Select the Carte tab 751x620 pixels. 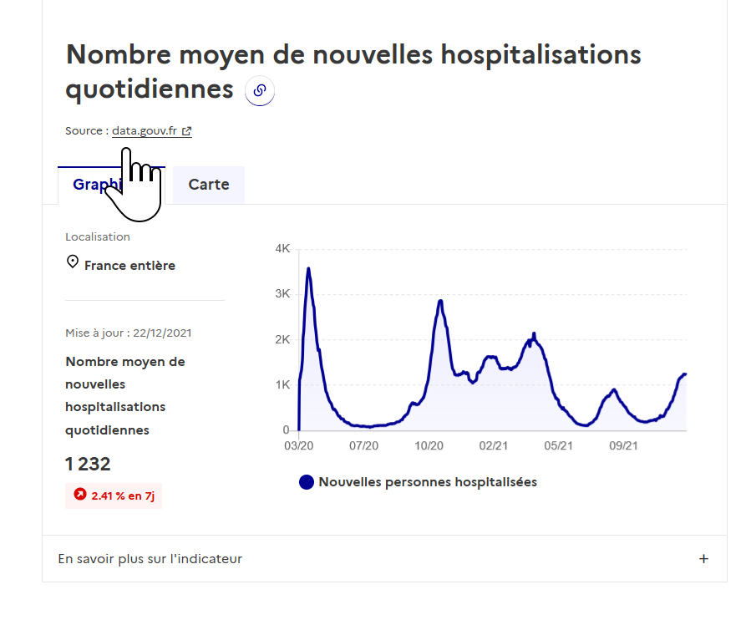pyautogui.click(x=209, y=185)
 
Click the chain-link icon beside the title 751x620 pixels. pyautogui.click(x=260, y=91)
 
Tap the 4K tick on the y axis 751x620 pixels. pyautogui.click(x=282, y=249)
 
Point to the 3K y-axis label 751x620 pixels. pyautogui.click(x=282, y=294)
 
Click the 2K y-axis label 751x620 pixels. pyautogui.click(x=282, y=340)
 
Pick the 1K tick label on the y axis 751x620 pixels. pyautogui.click(x=282, y=385)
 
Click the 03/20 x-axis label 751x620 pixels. pyautogui.click(x=298, y=446)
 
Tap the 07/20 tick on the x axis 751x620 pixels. pyautogui.click(x=363, y=446)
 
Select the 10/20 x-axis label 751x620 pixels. pyautogui.click(x=429, y=446)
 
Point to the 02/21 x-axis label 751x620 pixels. pyautogui.click(x=494, y=446)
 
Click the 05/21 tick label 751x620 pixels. pyautogui.click(x=559, y=446)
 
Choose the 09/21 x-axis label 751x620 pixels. pyautogui.click(x=624, y=446)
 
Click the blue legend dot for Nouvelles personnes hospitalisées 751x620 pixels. pyautogui.click(x=307, y=482)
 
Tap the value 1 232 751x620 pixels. pyautogui.click(x=88, y=465)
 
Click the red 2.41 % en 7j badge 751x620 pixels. pyautogui.click(x=114, y=495)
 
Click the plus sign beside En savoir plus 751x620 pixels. pyautogui.click(x=703, y=559)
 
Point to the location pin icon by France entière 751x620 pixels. pyautogui.click(x=73, y=262)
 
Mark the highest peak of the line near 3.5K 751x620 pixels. pyautogui.click(x=308, y=269)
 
